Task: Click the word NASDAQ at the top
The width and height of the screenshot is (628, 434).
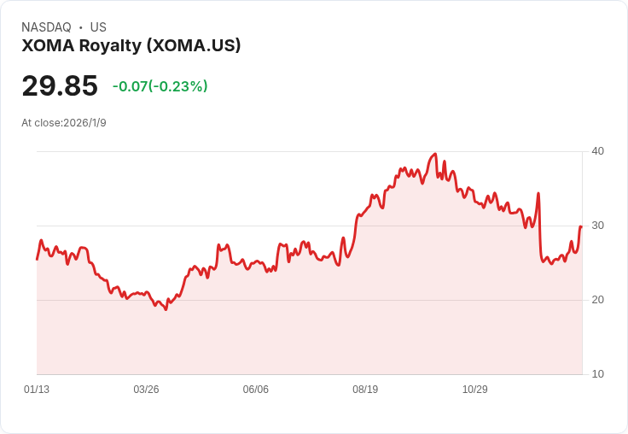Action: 46,27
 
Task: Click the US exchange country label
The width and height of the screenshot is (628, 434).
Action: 98,27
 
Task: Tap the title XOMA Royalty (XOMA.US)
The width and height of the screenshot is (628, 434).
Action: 131,45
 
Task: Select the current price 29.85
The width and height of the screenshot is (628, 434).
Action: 60,85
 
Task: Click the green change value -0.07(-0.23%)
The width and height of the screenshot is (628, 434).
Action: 160,86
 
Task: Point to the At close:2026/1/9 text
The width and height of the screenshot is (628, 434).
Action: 64,122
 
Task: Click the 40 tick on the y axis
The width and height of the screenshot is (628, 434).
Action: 598,151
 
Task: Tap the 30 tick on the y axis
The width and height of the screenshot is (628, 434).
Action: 598,226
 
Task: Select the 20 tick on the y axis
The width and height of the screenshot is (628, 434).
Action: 598,300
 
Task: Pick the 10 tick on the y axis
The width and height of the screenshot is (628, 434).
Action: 598,374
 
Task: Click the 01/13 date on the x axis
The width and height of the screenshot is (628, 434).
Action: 37,390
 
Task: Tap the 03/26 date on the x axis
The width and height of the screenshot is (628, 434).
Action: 146,390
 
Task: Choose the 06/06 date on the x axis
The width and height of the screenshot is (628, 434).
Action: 256,390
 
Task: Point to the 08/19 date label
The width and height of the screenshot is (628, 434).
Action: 365,390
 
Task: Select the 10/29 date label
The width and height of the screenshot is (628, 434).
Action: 474,390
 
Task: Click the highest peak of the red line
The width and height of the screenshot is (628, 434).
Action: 435,155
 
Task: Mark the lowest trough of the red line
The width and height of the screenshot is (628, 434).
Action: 166,309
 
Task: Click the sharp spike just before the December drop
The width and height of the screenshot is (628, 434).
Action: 538,194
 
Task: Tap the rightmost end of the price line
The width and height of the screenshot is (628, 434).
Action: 581,226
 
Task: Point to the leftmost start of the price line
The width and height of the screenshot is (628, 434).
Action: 37,259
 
